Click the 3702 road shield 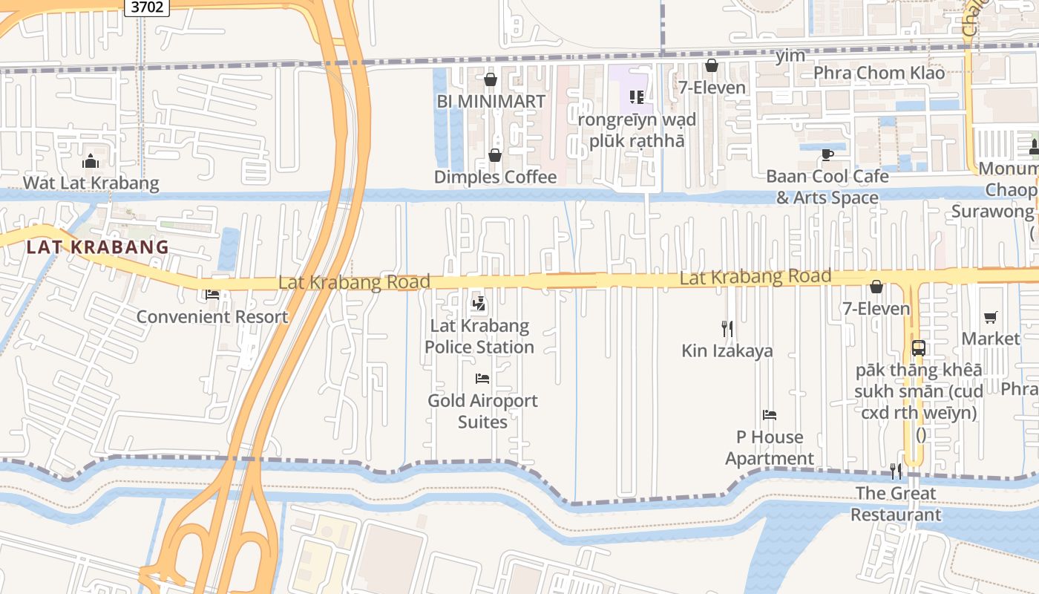point(146,7)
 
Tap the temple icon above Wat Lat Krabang point(91,160)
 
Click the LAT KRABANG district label point(97,247)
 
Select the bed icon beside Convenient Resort point(212,295)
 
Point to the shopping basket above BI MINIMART point(490,79)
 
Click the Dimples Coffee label point(495,177)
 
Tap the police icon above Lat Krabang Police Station point(479,303)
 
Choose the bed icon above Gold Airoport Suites point(482,379)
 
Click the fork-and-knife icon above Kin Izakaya point(727,328)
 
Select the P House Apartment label point(770,448)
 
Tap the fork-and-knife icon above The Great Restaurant point(896,471)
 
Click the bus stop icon point(918,347)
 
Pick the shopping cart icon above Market point(990,318)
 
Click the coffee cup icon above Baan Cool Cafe point(827,154)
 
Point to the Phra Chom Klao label point(879,73)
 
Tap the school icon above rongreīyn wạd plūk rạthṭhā point(636,97)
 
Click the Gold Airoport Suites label point(482,411)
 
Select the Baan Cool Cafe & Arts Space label point(827,187)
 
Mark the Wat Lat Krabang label point(91,183)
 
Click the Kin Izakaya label point(727,350)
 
